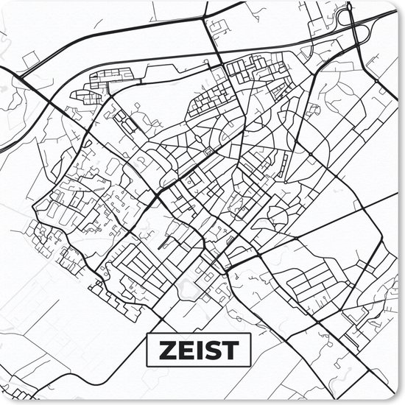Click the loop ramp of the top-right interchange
pyautogui.click(x=360, y=33)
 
